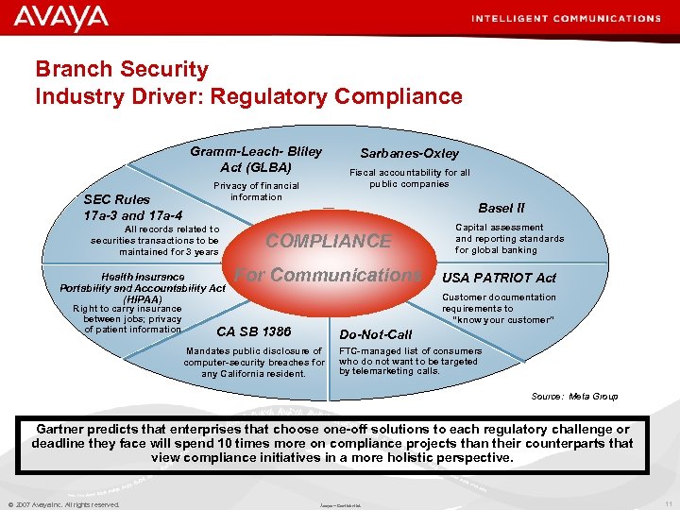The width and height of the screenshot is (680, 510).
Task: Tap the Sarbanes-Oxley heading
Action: pyautogui.click(x=409, y=153)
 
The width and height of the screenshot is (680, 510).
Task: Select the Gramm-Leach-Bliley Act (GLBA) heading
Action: pyautogui.click(x=255, y=159)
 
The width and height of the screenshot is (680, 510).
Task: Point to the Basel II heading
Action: pyautogui.click(x=501, y=208)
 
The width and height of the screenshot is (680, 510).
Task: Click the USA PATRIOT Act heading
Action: pyautogui.click(x=499, y=278)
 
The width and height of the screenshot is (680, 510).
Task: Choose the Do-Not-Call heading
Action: pyautogui.click(x=376, y=334)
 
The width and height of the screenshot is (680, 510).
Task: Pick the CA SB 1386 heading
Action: pyautogui.click(x=253, y=331)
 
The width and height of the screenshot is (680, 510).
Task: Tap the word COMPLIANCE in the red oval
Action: pyautogui.click(x=328, y=241)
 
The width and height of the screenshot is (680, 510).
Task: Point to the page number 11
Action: pyautogui.click(x=668, y=504)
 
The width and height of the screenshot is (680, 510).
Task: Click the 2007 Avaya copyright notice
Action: pyautogui.click(x=63, y=504)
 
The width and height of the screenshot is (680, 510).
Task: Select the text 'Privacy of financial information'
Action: pyautogui.click(x=256, y=191)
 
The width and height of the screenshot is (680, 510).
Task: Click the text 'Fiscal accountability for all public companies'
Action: pyautogui.click(x=409, y=178)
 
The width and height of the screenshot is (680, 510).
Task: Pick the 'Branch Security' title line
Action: pyautogui.click(x=122, y=70)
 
